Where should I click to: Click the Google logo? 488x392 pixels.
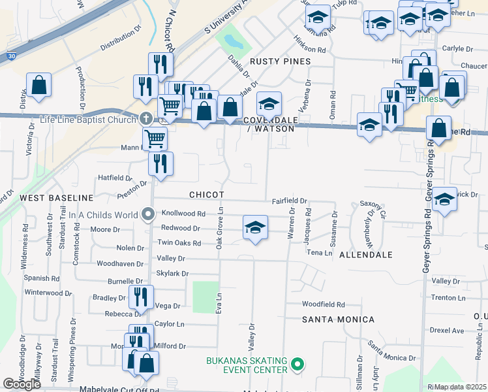pyautogui.click(x=22, y=384)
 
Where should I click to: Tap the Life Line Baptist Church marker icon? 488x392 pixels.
pyautogui.click(x=145, y=118)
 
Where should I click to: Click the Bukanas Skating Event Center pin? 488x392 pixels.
pyautogui.click(x=298, y=363)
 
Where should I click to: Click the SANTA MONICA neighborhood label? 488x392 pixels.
pyautogui.click(x=338, y=319)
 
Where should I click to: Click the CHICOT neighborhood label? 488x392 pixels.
pyautogui.click(x=207, y=195)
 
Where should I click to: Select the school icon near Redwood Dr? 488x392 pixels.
pyautogui.click(x=255, y=227)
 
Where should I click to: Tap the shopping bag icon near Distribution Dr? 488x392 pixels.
pyautogui.click(x=38, y=84)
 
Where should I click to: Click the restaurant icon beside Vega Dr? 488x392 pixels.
pyautogui.click(x=141, y=297)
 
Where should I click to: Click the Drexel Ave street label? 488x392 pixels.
pyautogui.click(x=447, y=331)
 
